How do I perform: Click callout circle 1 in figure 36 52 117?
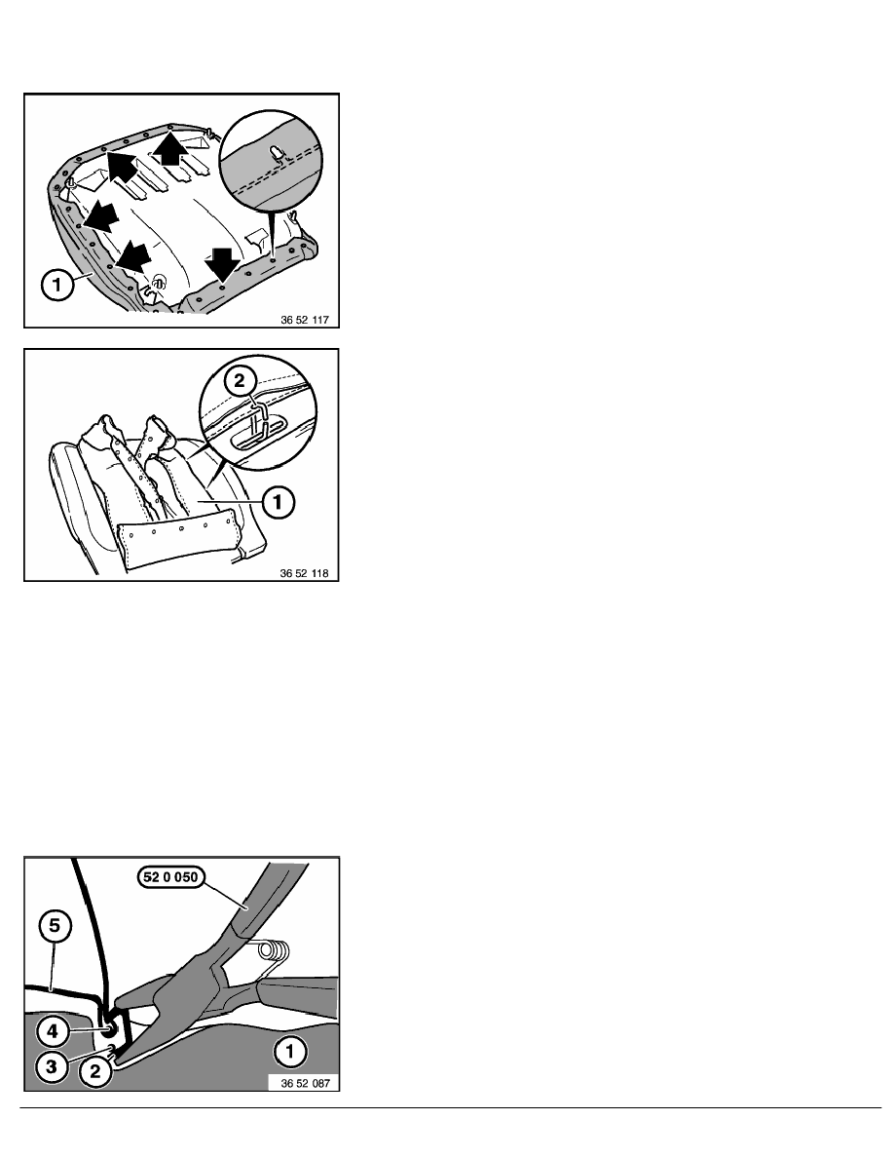pyautogui.click(x=58, y=285)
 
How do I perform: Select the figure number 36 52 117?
pyautogui.click(x=305, y=320)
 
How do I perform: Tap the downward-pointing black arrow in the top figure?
pyautogui.click(x=222, y=262)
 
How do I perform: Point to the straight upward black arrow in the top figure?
pyautogui.click(x=169, y=148)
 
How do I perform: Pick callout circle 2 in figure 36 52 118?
pyautogui.click(x=239, y=381)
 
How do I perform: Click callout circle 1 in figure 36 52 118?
pyautogui.click(x=278, y=502)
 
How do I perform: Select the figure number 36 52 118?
pyautogui.click(x=304, y=573)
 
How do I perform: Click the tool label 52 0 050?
pyautogui.click(x=169, y=876)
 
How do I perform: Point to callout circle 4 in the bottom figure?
pyautogui.click(x=52, y=1031)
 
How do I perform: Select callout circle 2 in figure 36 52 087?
pyautogui.click(x=94, y=1071)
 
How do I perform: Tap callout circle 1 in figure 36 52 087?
pyautogui.click(x=290, y=1051)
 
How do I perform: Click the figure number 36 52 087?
pyautogui.click(x=306, y=1083)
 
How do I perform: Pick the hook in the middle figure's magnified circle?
pyautogui.click(x=257, y=419)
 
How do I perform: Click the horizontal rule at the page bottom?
pyautogui.click(x=451, y=1107)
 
